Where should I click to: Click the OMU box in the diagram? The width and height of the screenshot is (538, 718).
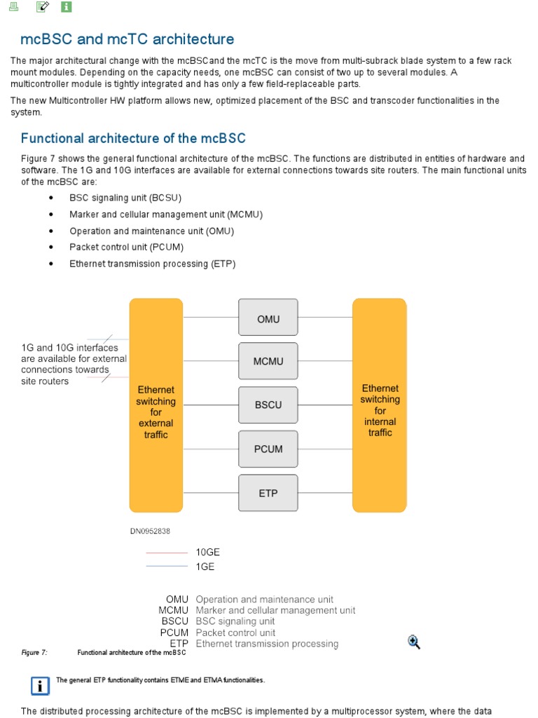coord(268,319)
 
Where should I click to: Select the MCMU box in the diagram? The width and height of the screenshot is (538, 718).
coord(268,362)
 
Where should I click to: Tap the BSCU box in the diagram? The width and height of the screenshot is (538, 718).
coord(268,405)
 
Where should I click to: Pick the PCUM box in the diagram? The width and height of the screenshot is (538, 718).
coord(268,449)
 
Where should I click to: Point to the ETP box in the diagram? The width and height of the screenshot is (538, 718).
coord(268,493)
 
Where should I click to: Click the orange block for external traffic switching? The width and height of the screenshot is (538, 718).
coord(156,405)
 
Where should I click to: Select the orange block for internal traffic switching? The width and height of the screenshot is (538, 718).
coord(379,405)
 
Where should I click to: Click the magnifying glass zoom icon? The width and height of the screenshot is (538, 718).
coord(414,642)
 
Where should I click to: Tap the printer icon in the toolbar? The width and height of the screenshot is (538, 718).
coord(14,7)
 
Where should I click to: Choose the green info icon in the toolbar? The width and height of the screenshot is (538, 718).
coord(67,7)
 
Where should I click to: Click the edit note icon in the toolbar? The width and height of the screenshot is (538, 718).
coord(42,7)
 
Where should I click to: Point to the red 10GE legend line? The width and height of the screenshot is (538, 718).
coord(167,553)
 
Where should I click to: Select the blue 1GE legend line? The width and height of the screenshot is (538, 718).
coord(167,566)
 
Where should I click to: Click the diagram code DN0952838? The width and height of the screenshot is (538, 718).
coord(150,531)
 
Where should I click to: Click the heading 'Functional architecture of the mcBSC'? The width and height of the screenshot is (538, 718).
coord(133,138)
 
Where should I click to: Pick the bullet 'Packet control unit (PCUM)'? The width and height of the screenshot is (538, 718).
coord(126,248)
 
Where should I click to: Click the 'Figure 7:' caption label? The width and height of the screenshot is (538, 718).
coord(34,653)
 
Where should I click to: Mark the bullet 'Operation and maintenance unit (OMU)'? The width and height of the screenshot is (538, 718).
coord(151,231)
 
